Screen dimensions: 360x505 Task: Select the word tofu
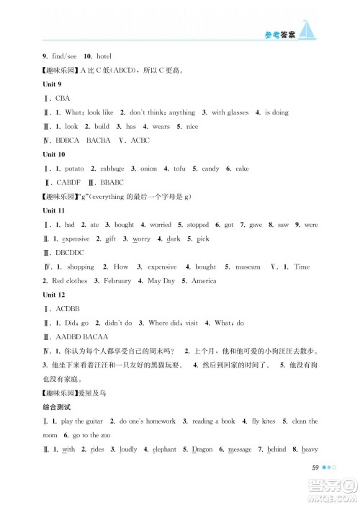coord(179,169)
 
